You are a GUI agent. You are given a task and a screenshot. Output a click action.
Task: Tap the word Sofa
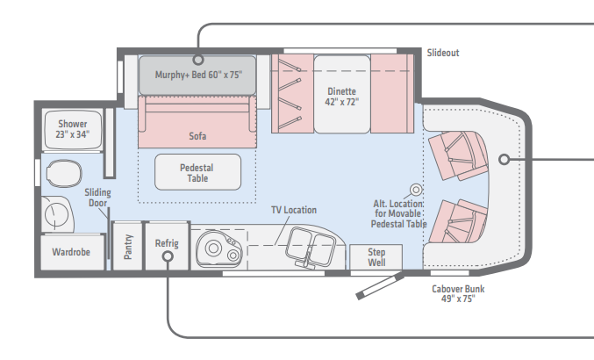pyautogui.click(x=197, y=137)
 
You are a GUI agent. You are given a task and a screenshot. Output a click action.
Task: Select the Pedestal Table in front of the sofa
pyautogui.click(x=197, y=172)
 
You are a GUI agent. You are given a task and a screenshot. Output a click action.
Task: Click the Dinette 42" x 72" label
pyautogui.click(x=342, y=95)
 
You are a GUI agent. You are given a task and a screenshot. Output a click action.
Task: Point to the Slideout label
pyautogui.click(x=443, y=53)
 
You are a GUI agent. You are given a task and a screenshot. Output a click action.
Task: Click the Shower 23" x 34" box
pyautogui.click(x=73, y=129)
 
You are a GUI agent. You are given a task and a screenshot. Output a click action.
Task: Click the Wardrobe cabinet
pyautogui.click(x=71, y=252)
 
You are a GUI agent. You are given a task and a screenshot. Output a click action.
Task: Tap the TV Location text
pyautogui.click(x=293, y=210)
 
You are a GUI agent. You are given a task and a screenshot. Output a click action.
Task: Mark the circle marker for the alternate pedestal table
pyautogui.click(x=417, y=190)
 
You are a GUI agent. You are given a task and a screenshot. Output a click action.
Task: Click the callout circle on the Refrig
pyautogui.click(x=167, y=257)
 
